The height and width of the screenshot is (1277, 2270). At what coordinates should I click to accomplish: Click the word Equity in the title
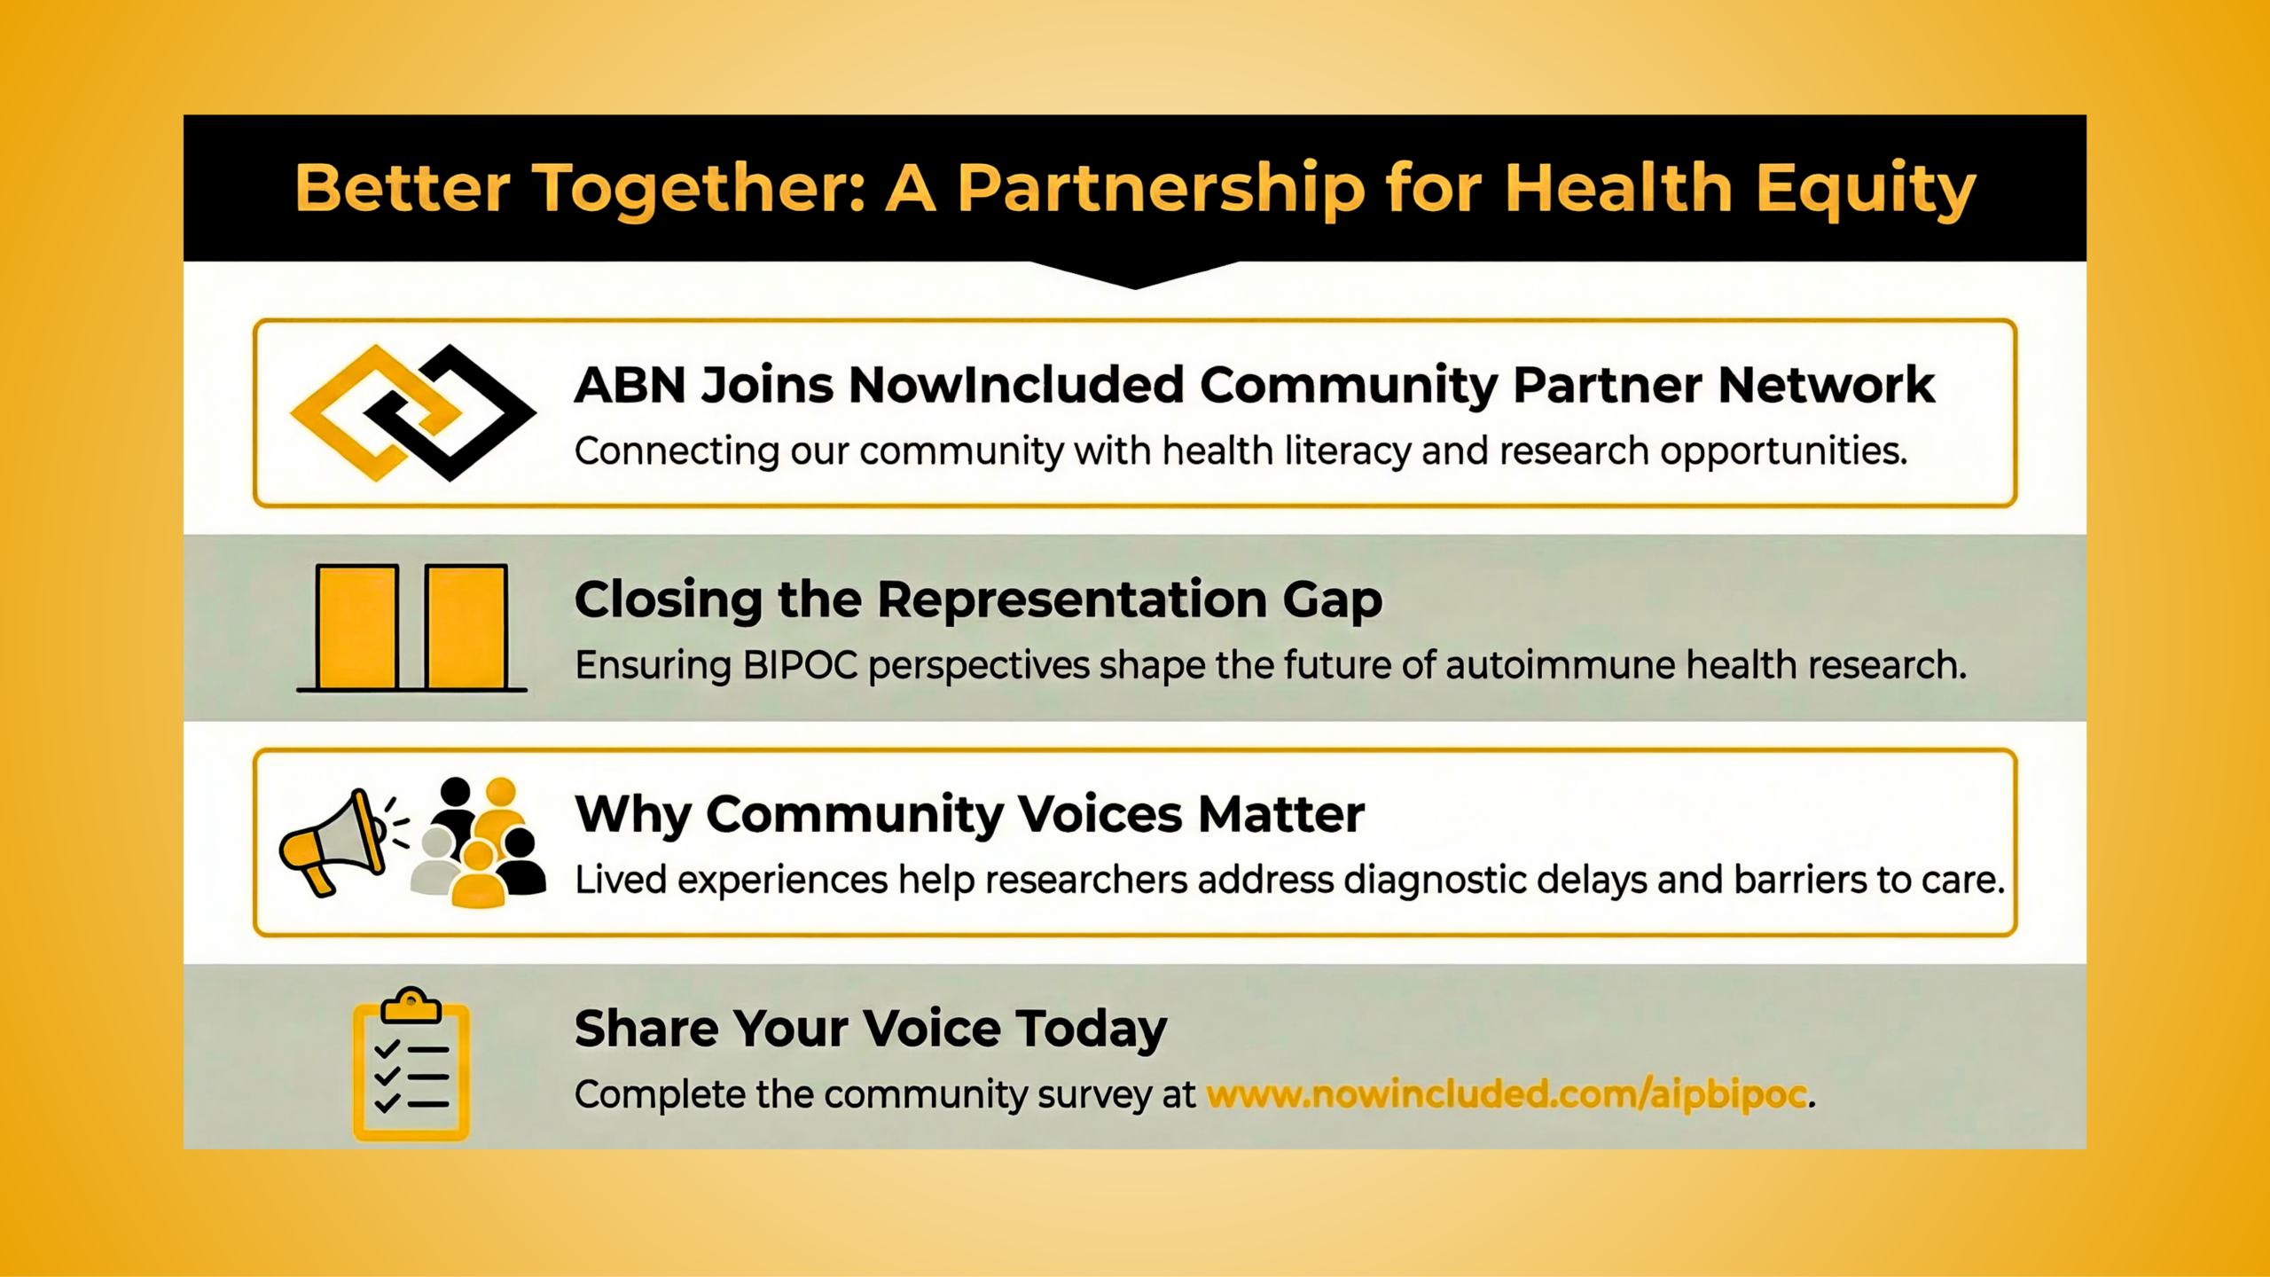(x=1866, y=190)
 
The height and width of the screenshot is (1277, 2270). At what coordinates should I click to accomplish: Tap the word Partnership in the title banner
(x=1162, y=190)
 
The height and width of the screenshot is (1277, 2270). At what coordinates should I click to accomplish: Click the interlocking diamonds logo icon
(x=413, y=412)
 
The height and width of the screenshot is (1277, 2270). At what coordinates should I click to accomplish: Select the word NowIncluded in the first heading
(x=1016, y=385)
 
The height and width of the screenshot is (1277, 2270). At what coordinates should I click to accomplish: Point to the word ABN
(x=630, y=385)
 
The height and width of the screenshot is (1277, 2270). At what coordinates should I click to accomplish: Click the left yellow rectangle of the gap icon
(x=356, y=627)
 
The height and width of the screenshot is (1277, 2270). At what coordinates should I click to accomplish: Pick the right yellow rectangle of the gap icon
(x=466, y=627)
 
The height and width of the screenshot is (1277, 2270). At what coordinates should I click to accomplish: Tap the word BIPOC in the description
(x=801, y=665)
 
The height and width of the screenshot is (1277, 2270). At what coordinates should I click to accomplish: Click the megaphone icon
(x=341, y=842)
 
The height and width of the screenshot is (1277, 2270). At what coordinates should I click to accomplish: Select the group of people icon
(x=479, y=842)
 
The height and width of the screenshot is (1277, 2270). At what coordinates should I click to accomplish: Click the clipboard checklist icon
(x=411, y=1064)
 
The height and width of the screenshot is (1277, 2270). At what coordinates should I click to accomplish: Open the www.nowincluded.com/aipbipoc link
(x=1507, y=1095)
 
